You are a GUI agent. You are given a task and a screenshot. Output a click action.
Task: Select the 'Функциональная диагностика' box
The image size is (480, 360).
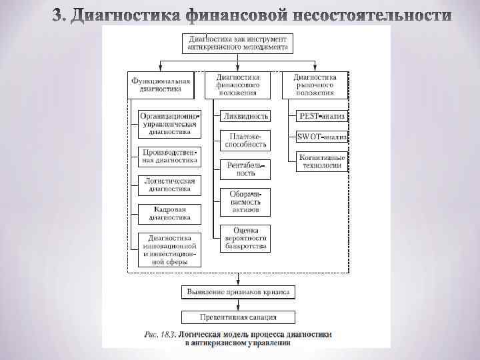point(161,85)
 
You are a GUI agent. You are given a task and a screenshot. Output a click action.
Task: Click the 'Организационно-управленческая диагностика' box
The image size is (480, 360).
point(169,124)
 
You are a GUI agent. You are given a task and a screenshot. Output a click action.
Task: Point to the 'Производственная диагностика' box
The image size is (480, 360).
point(169,156)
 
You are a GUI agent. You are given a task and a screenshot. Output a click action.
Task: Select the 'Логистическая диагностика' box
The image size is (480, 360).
point(169,185)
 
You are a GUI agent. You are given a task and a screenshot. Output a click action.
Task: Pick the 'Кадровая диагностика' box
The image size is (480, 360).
point(169,213)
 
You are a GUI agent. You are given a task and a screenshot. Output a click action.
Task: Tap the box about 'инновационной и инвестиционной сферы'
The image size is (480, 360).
point(169,249)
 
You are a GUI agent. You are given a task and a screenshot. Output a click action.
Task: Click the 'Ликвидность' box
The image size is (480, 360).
point(245,116)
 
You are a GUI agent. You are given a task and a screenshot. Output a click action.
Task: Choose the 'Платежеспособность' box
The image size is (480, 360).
point(245,140)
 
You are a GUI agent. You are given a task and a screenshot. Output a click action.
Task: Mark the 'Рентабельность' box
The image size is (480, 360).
point(245,169)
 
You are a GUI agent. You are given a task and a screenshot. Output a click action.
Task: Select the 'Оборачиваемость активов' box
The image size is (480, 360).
point(245,201)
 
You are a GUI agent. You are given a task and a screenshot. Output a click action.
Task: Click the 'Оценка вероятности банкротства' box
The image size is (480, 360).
point(245,238)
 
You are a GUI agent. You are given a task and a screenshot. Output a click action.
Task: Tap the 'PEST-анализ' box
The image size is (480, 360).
point(322,116)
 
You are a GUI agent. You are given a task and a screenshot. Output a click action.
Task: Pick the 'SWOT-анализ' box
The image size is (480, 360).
point(322,137)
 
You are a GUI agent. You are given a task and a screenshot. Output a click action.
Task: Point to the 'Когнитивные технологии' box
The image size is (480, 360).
point(322,161)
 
